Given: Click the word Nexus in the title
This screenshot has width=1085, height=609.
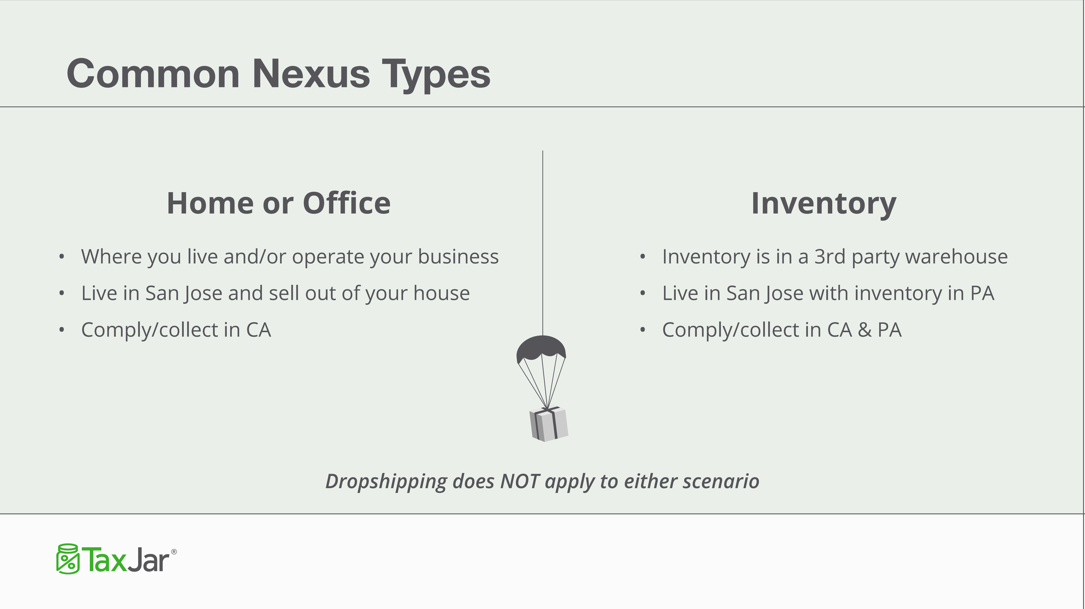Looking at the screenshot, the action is point(311,74).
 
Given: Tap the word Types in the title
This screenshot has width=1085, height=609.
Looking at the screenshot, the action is point(436,75).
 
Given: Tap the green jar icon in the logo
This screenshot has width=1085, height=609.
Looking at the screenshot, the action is point(68,559).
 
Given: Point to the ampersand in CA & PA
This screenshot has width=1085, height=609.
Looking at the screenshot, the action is point(865,330).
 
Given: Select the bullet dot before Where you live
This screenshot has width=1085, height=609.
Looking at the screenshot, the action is point(61,257).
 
